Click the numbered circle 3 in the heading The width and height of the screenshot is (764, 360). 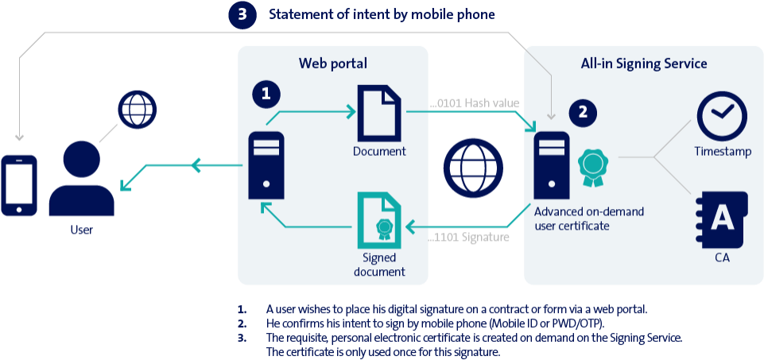coord(242,16)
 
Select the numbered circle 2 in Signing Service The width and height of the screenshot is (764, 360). coord(583,113)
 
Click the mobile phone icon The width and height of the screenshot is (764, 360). coord(19,185)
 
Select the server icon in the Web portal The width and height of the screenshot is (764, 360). coord(266,165)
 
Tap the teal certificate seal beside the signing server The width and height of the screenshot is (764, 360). coord(593,165)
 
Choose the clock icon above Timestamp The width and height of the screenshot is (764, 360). coord(721,116)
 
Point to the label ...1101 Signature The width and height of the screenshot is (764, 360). coord(470,237)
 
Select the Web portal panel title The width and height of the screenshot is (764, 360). coord(333,64)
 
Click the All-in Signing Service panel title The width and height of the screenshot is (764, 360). coord(644,64)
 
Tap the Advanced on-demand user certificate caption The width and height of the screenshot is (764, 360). coord(589,219)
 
